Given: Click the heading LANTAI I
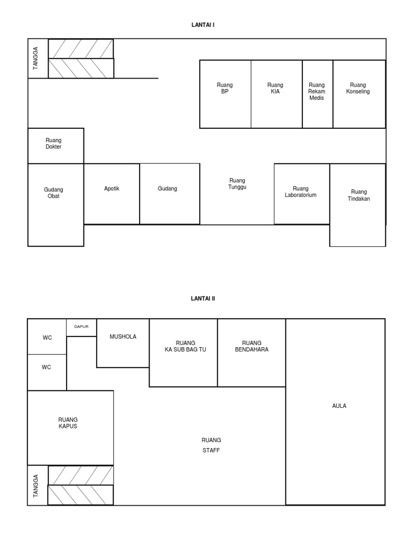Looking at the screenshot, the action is click(x=203, y=25).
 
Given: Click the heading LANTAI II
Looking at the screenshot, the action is click(x=203, y=299).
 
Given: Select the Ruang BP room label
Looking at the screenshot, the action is click(x=225, y=88).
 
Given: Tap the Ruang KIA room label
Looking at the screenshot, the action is click(x=275, y=88).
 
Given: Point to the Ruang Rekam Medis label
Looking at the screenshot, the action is click(x=317, y=91).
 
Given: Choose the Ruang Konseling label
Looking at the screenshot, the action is click(x=358, y=88).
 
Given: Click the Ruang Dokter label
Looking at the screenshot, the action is click(x=53, y=143).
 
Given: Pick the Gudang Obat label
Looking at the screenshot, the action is click(x=53, y=192).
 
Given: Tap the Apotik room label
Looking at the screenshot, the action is click(x=112, y=189).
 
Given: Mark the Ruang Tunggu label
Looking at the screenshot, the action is click(x=237, y=183).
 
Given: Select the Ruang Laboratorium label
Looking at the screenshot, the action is click(x=300, y=191).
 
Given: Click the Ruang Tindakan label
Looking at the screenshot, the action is click(x=359, y=195).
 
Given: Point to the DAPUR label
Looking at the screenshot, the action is click(x=81, y=327).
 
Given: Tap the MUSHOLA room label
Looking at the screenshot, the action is click(x=123, y=337).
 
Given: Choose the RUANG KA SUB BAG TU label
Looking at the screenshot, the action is click(x=186, y=346).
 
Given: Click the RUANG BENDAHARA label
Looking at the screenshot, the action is click(x=252, y=346).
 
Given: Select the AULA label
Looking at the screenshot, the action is click(x=339, y=406).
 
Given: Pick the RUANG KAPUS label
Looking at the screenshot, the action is click(x=68, y=423).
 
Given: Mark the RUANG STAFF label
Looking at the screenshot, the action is click(x=211, y=445).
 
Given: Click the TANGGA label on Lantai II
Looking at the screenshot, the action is click(x=35, y=486).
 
